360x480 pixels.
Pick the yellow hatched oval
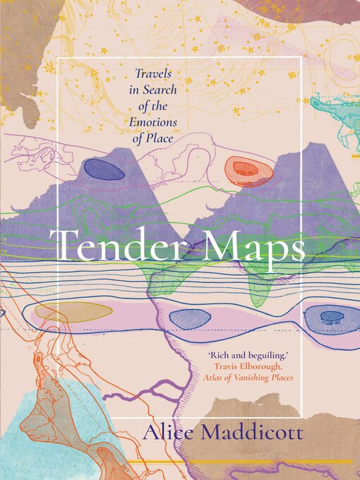[x=73, y=312]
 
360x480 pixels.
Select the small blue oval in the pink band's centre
[x=190, y=318]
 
